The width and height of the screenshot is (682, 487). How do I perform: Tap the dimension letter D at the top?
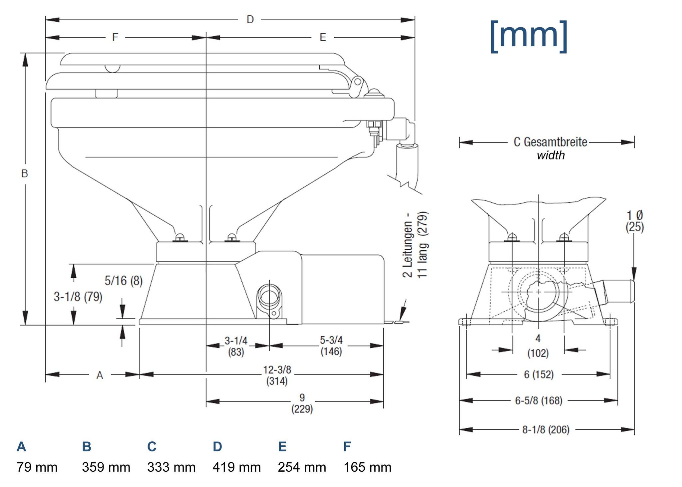tap(250, 20)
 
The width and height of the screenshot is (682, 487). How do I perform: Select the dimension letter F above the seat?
tap(115, 37)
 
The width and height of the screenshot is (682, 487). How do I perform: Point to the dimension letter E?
tap(323, 37)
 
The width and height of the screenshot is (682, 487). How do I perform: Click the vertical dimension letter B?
tap(25, 173)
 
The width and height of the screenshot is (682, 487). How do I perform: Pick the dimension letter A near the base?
tap(100, 375)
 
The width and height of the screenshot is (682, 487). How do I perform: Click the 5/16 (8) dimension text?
tap(124, 281)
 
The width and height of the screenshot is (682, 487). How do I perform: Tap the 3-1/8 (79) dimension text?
tap(78, 297)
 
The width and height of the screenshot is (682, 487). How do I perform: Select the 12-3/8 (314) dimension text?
tap(277, 375)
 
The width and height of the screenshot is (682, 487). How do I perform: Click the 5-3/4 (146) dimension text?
tap(331, 346)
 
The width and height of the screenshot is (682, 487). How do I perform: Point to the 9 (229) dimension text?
tap(302, 403)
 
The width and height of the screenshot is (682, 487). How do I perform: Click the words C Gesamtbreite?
tap(550, 142)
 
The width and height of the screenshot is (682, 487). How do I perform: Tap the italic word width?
tap(551, 155)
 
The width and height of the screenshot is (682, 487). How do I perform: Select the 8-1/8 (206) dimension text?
tap(546, 430)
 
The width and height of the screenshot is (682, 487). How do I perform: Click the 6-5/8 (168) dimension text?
tap(538, 400)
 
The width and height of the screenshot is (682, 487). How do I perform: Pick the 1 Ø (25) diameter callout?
tap(635, 221)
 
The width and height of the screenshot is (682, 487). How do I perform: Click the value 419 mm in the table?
tap(236, 467)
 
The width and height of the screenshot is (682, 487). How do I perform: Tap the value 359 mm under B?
tap(106, 467)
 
